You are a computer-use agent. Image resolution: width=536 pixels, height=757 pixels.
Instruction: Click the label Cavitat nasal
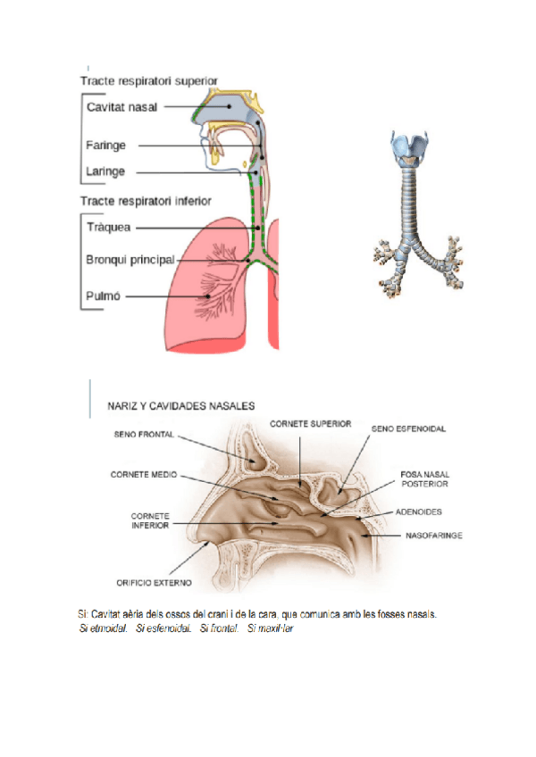click(122, 107)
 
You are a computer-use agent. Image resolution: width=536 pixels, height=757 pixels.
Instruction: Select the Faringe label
click(105, 145)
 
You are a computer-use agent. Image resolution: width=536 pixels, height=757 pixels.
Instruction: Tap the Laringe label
click(105, 171)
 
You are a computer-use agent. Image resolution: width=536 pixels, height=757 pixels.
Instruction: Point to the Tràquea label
click(108, 227)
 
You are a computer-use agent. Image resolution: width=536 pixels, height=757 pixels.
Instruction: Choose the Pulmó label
click(103, 295)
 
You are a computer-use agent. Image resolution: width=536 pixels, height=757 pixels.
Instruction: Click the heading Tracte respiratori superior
click(148, 80)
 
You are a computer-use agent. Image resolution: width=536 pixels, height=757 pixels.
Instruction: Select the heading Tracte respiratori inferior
click(146, 200)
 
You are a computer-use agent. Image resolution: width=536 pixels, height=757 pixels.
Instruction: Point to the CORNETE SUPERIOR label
click(310, 423)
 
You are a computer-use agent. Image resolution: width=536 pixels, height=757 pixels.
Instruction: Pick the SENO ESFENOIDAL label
click(408, 428)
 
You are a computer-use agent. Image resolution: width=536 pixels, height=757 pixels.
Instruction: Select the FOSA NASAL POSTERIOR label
click(424, 478)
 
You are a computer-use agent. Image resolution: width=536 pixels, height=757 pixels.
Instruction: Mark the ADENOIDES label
click(417, 512)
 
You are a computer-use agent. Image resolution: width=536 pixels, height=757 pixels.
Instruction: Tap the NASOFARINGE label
click(436, 536)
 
